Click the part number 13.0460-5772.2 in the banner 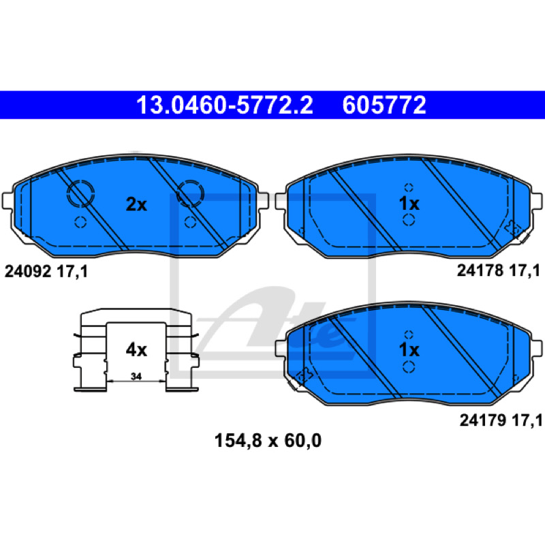tap(225, 105)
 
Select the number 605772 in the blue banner tap(384, 105)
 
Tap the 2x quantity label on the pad tap(136, 204)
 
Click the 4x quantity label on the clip tap(136, 349)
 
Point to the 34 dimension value tap(136, 376)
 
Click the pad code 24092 tap(28, 271)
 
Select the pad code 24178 tap(480, 270)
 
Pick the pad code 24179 tap(483, 420)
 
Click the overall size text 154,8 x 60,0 tap(268, 441)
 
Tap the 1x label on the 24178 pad tap(409, 204)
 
